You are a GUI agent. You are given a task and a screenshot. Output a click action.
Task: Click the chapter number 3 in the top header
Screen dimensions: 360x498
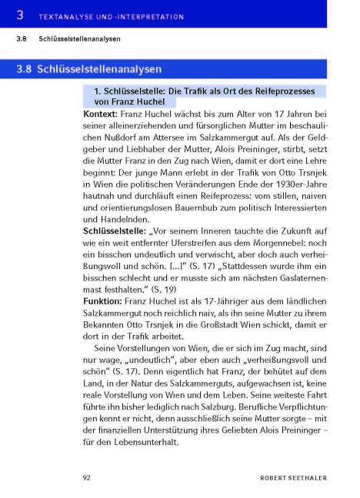tap(21, 14)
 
